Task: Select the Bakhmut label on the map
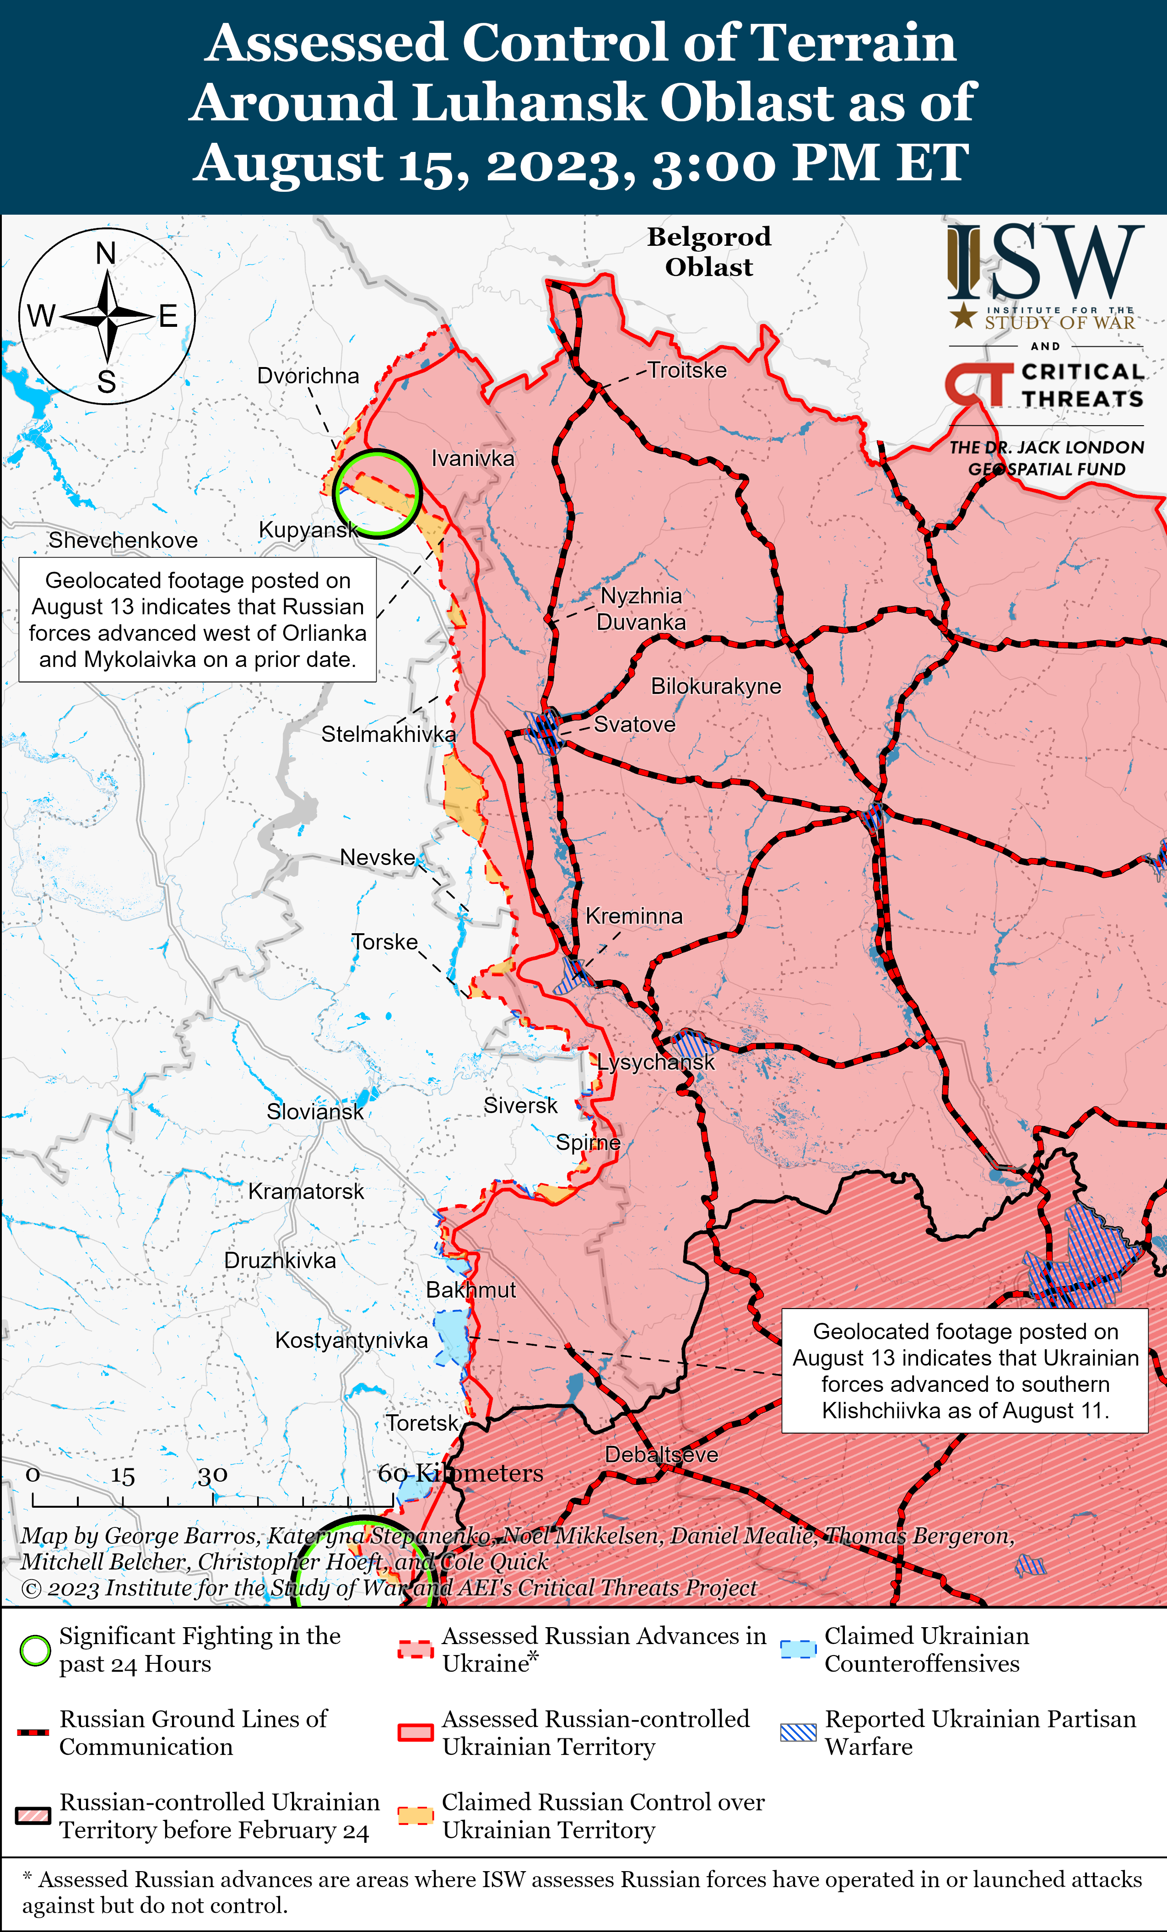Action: click(470, 1290)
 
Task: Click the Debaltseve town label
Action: click(661, 1455)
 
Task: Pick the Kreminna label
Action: click(633, 916)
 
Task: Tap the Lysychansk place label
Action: click(655, 1062)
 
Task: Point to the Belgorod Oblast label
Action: click(708, 252)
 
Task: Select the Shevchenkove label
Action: click(123, 540)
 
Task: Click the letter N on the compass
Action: click(106, 253)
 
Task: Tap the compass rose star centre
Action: click(108, 316)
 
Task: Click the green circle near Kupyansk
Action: click(377, 493)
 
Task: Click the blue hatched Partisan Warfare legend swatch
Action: click(798, 1733)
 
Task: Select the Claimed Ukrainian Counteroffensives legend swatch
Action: click(798, 1649)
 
